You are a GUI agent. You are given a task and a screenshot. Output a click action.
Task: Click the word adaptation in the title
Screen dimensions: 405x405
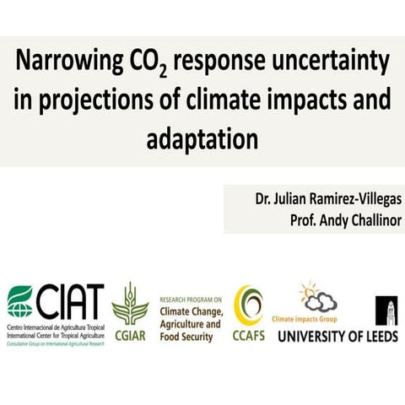coord(202,136)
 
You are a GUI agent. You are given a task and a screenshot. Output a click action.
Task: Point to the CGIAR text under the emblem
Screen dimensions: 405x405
coord(130,333)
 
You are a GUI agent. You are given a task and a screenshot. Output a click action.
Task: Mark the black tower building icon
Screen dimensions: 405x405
coord(386,307)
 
